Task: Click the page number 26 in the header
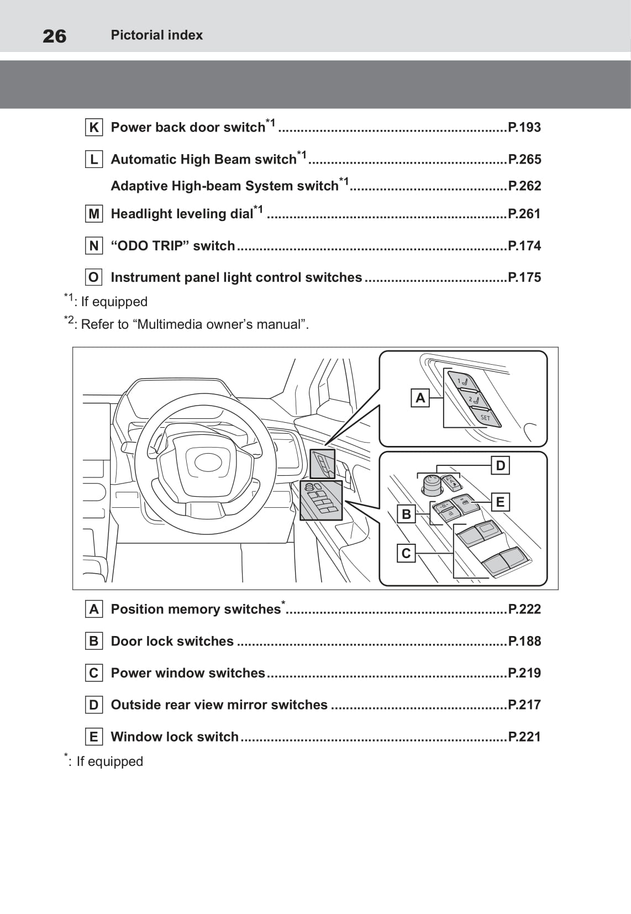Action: tap(54, 36)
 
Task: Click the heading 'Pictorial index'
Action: tap(156, 35)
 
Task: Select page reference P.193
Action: tap(524, 127)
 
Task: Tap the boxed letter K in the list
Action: tap(94, 128)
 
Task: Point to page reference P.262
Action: tap(524, 186)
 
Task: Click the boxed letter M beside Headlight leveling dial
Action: tap(94, 214)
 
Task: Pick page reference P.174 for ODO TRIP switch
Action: tap(524, 246)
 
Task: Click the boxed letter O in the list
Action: tap(94, 277)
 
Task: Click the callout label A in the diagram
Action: tap(420, 397)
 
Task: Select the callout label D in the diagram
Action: tap(500, 465)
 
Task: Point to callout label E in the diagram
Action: tap(500, 502)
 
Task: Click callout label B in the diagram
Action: tap(406, 514)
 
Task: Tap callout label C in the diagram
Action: tap(406, 553)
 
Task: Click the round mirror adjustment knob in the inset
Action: tap(432, 484)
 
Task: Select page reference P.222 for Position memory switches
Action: tap(524, 609)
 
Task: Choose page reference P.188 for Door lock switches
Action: tap(524, 641)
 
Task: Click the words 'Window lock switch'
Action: tap(175, 737)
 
